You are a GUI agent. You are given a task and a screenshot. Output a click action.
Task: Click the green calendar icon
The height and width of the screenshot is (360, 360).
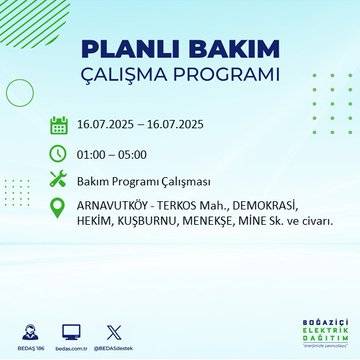tap(58, 125)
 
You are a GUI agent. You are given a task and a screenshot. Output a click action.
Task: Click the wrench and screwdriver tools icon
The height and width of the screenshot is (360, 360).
tap(58, 181)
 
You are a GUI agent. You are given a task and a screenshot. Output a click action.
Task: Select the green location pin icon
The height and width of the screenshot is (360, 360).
tap(58, 209)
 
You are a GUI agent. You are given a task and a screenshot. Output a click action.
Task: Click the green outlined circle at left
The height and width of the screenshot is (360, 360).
tap(20, 92)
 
